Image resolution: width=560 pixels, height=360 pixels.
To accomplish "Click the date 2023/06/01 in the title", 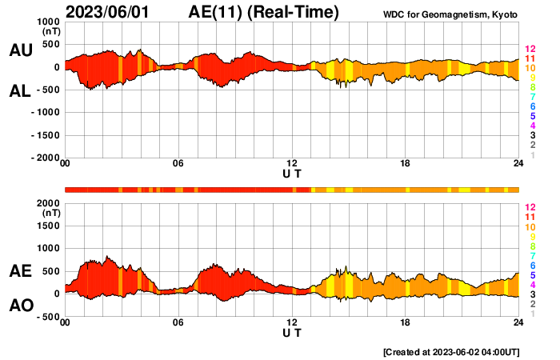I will point(108,12).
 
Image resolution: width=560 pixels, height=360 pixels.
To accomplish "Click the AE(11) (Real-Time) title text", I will point(264,12).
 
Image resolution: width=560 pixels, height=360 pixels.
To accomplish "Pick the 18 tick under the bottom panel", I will point(406,322).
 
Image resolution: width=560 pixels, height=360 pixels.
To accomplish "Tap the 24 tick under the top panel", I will point(518,164).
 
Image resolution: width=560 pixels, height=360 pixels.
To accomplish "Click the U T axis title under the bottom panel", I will point(292,332).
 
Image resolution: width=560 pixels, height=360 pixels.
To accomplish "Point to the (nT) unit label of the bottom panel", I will point(50,214).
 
